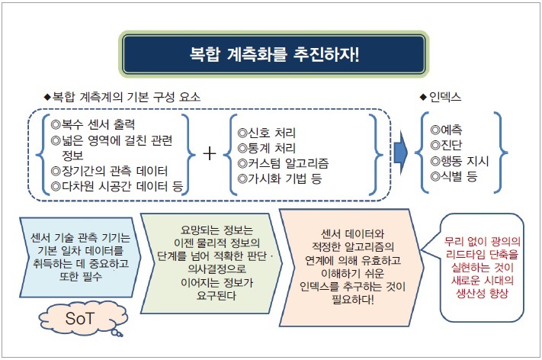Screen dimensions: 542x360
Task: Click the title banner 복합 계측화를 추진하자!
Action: click(274, 54)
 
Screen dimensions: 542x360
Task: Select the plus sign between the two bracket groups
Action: click(210, 153)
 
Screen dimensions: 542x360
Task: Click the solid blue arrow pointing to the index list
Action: click(400, 153)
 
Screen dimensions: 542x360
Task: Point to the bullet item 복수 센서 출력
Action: click(93, 124)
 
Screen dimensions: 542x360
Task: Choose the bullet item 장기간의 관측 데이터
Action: click(109, 171)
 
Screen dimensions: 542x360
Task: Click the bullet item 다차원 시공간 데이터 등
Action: click(117, 186)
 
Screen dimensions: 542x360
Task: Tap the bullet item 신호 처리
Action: click(267, 133)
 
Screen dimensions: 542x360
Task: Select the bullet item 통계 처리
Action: click(267, 148)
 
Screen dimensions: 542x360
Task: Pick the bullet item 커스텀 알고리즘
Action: click(283, 163)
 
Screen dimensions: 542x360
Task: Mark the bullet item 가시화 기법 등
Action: click(280, 178)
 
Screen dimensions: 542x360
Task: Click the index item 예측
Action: click(446, 130)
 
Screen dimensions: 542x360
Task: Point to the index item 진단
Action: click(446, 145)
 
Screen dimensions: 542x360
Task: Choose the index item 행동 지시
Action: click(460, 161)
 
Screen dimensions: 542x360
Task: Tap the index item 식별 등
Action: click(454, 176)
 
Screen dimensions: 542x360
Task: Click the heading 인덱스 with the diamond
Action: click(440, 97)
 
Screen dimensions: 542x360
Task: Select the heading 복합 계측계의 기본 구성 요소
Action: click(122, 97)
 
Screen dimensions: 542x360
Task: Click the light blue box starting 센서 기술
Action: click(81, 257)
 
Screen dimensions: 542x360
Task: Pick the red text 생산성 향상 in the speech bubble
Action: click(483, 294)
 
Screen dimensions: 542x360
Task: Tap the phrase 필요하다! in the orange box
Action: click(353, 300)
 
